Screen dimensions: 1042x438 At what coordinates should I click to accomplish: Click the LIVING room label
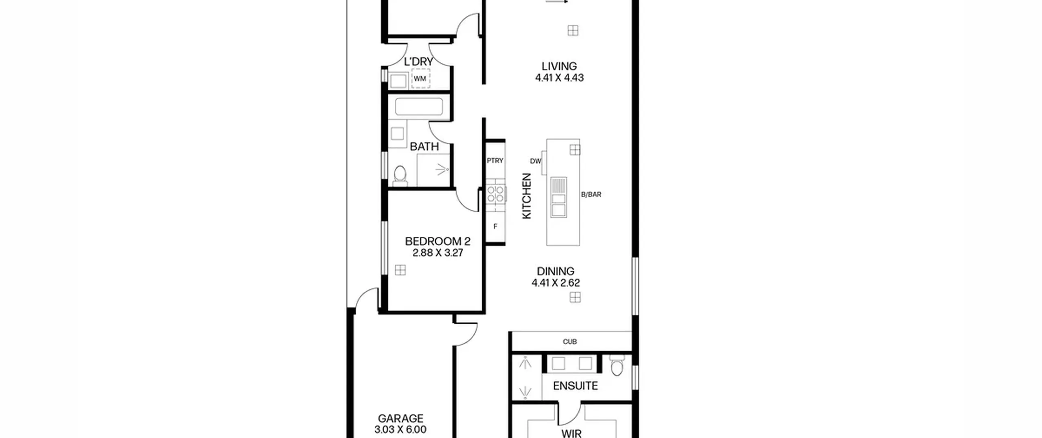[x=559, y=66]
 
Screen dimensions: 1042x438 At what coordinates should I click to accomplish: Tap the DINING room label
[x=556, y=271]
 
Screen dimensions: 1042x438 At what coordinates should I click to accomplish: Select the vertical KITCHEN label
[x=527, y=196]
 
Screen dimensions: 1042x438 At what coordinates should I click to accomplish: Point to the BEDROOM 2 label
[x=438, y=241]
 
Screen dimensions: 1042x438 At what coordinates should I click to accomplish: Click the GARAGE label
[x=401, y=418]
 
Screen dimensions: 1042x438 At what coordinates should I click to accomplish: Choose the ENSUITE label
[x=575, y=386]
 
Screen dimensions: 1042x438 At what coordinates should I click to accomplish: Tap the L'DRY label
[x=418, y=62]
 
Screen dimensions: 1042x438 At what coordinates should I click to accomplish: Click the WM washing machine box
[x=420, y=79]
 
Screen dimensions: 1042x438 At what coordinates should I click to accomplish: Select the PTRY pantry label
[x=495, y=161]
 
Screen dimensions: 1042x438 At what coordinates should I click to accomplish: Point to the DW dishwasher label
[x=536, y=161]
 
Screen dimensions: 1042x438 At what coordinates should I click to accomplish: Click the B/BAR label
[x=591, y=195]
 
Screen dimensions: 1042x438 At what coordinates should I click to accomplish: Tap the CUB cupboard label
[x=569, y=342]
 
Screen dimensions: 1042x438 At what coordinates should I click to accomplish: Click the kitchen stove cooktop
[x=495, y=194]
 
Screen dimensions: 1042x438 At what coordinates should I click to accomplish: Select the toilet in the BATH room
[x=400, y=176]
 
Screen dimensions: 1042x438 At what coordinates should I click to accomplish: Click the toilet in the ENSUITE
[x=617, y=366]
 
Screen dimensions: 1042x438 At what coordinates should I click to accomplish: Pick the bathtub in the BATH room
[x=419, y=107]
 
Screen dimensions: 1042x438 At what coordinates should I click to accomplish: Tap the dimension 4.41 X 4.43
[x=559, y=78]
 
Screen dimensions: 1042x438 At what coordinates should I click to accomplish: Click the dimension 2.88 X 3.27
[x=438, y=253]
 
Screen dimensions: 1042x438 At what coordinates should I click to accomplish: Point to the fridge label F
[x=495, y=227]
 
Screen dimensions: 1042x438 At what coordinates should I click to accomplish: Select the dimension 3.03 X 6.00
[x=401, y=429]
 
